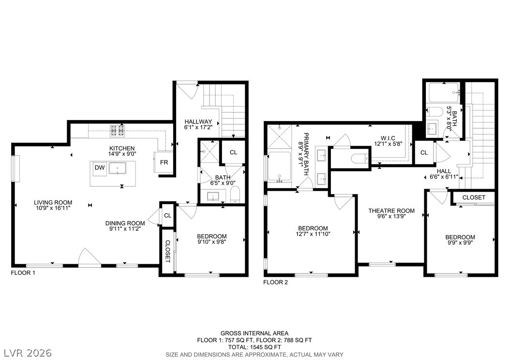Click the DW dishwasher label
pos(100,167)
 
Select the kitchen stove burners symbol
pos(118,130)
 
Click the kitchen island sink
pos(118,168)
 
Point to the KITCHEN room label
pos(122,148)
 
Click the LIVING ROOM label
pos(53,202)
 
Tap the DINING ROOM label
pos(125,223)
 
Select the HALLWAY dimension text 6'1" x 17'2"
pos(198,127)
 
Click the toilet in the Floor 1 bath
pos(235,195)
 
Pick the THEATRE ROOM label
pos(391,211)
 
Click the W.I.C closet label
pos(388,138)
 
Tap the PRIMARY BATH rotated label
pos(306,154)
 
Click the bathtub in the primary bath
pos(279,166)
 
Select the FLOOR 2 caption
pos(275,282)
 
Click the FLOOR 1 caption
pos(23,273)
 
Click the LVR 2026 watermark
pos(28,353)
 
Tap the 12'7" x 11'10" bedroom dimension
pos(313,234)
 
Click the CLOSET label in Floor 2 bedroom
pos(474,197)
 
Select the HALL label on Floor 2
pos(444,171)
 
